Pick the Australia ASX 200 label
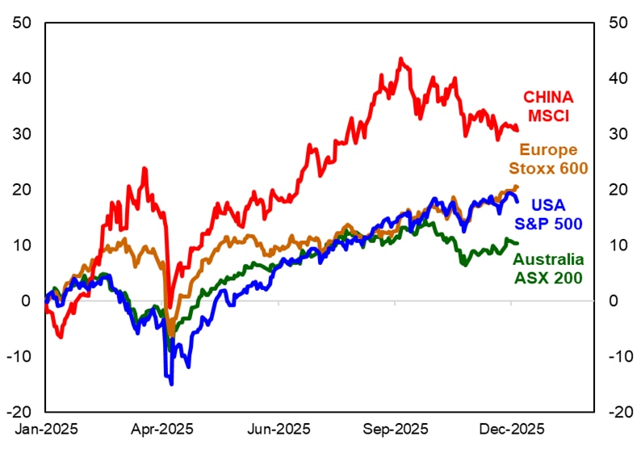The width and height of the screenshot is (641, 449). click(x=549, y=269)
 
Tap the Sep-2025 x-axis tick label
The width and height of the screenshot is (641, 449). click(x=396, y=427)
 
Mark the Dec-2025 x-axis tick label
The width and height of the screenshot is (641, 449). click(x=512, y=427)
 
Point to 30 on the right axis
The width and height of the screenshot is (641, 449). click(x=618, y=134)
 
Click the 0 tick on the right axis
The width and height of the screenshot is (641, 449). click(x=614, y=301)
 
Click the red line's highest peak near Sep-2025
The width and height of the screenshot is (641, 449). click(x=400, y=59)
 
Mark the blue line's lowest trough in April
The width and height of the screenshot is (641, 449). click(x=171, y=384)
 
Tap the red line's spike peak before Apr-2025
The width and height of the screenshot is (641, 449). click(x=145, y=169)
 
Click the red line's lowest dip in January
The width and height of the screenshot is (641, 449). click(x=61, y=337)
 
